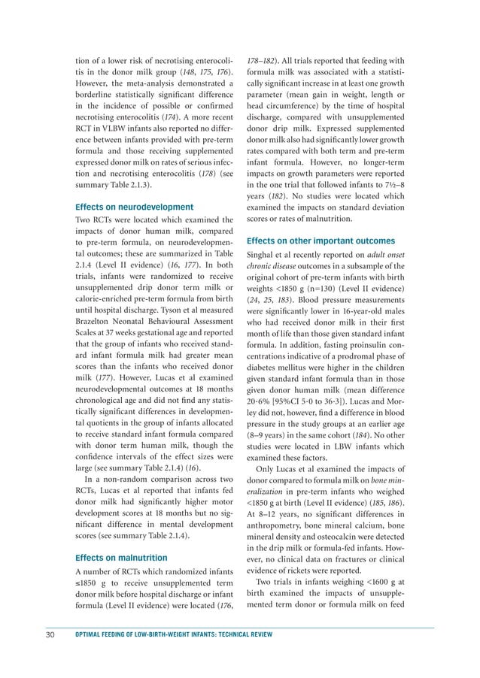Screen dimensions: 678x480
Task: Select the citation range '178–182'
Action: click(262, 61)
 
